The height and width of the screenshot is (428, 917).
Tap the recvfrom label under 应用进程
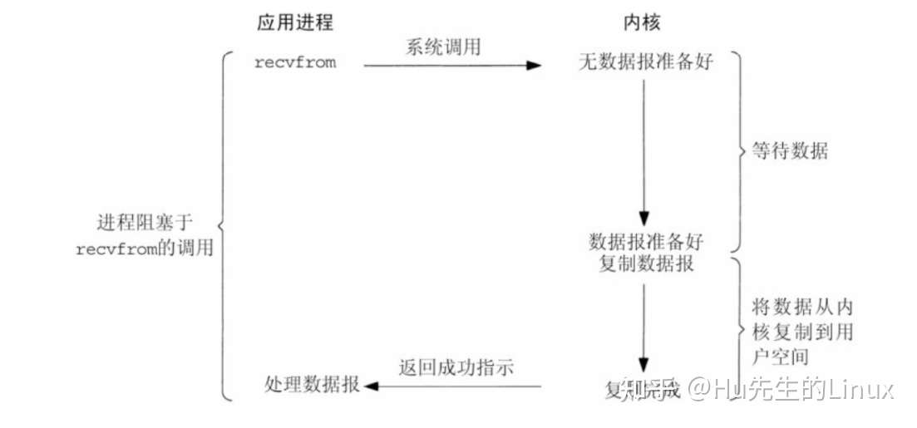295,62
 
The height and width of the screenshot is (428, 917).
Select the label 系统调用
442,48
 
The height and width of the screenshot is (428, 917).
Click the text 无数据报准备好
645,62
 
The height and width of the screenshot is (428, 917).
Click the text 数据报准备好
646,242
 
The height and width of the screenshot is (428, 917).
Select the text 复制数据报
646,264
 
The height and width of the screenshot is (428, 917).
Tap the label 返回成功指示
456,367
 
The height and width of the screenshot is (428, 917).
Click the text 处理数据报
312,385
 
